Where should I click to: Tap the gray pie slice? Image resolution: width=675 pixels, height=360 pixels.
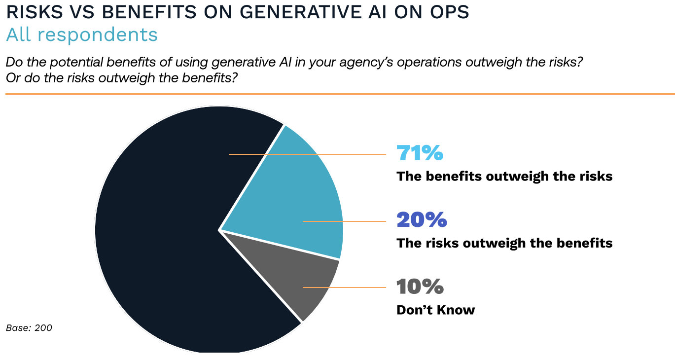coord(296,276)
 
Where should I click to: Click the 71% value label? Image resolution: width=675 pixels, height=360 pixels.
coord(420,153)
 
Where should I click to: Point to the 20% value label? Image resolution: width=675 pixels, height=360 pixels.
coord(422,220)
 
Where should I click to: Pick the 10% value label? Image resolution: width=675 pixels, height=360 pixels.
coord(420,287)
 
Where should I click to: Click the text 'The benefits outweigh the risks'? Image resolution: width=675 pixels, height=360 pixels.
coord(504,176)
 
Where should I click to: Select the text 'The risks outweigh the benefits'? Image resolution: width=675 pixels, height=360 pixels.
coord(504,243)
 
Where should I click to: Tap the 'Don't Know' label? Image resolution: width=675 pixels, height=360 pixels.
coord(435,310)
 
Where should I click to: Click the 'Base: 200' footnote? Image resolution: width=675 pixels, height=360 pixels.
coord(29,328)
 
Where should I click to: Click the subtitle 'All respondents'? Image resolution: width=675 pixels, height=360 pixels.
coord(82,35)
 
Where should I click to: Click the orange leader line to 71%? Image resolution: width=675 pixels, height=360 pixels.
coord(345,154)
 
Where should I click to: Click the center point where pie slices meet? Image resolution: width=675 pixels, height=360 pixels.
coord(219,230)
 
